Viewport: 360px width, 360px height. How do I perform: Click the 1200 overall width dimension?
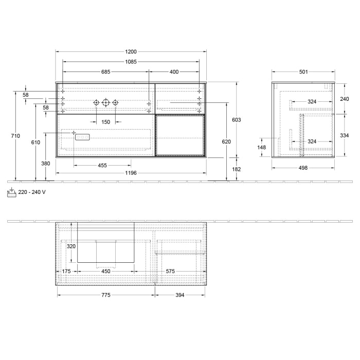click(x=131, y=52)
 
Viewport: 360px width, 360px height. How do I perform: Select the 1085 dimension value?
click(x=131, y=62)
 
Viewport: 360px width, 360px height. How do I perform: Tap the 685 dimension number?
click(x=105, y=72)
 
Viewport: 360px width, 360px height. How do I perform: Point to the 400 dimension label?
click(x=174, y=72)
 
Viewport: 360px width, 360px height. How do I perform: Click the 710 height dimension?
click(x=15, y=136)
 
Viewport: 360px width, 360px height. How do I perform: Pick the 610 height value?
click(x=35, y=142)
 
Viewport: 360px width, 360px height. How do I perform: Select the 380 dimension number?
click(x=45, y=164)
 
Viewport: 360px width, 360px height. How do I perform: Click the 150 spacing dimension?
click(x=105, y=122)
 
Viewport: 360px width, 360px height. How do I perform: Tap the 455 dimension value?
click(x=102, y=166)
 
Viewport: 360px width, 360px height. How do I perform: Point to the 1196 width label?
click(x=131, y=173)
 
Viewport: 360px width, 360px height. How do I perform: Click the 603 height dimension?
click(x=237, y=120)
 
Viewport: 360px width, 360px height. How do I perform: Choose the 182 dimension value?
click(x=237, y=169)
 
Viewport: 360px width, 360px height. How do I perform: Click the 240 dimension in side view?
click(x=345, y=99)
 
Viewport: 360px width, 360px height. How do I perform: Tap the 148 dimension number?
click(x=262, y=148)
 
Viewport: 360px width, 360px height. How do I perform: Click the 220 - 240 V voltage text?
click(x=32, y=192)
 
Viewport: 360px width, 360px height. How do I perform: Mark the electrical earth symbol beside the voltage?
click(x=11, y=192)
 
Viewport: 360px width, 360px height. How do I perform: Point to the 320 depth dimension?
click(x=71, y=246)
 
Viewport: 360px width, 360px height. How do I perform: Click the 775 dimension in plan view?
click(x=105, y=295)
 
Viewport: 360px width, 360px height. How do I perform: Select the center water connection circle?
click(x=105, y=103)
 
